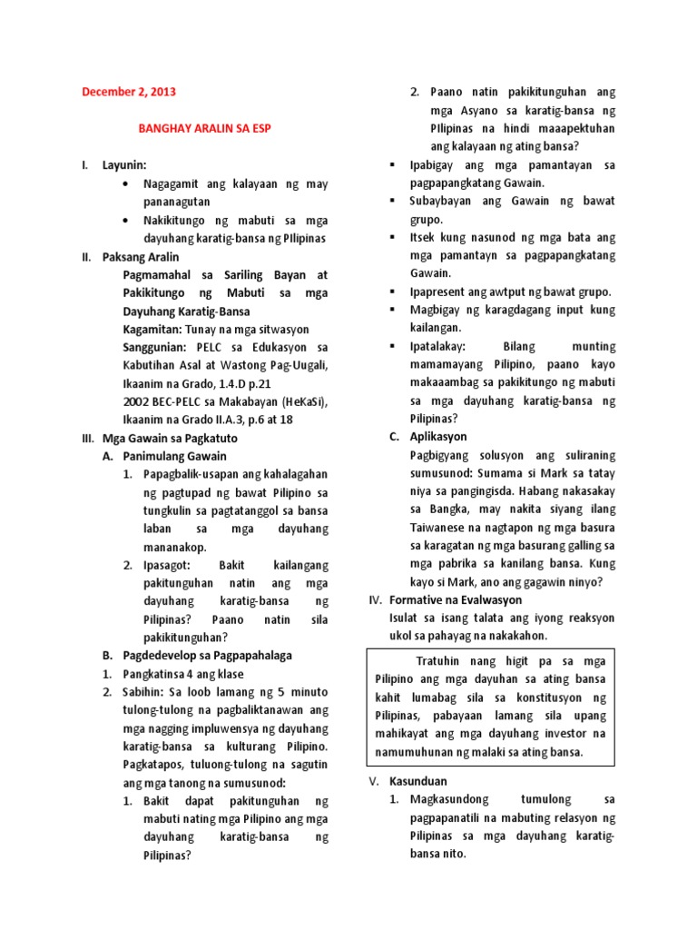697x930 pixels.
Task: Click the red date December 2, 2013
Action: point(129,92)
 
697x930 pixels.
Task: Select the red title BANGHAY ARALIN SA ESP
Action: point(204,129)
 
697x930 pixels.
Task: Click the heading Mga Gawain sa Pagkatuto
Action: point(164,438)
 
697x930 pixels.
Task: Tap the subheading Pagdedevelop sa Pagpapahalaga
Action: point(208,655)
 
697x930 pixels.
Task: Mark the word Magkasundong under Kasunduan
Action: point(449,799)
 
